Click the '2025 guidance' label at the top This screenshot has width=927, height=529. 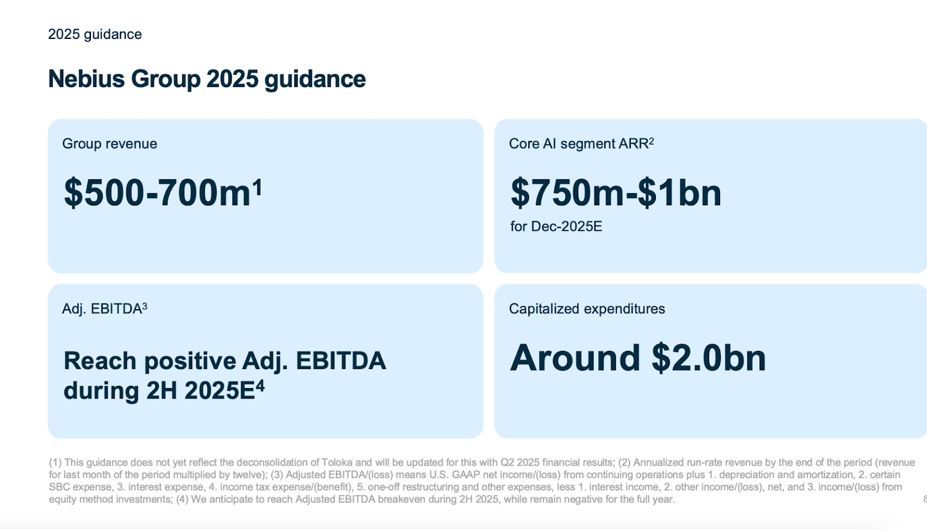[94, 34]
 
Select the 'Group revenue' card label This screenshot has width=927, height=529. [110, 144]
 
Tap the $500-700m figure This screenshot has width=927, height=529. [157, 193]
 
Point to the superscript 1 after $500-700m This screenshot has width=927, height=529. [257, 187]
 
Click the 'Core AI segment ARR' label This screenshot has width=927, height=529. [578, 144]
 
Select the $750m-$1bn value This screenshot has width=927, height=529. [615, 193]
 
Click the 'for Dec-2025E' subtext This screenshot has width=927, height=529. [556, 226]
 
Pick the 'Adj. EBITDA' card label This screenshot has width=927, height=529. [101, 309]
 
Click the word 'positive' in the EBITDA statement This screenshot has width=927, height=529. [189, 361]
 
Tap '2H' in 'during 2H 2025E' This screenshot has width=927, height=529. [162, 391]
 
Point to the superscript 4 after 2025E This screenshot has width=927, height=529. [260, 386]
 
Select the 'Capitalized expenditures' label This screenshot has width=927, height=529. [586, 309]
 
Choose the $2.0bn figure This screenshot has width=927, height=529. [708, 358]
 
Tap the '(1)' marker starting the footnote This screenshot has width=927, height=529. [55, 462]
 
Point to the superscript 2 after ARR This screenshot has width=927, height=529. [651, 141]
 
